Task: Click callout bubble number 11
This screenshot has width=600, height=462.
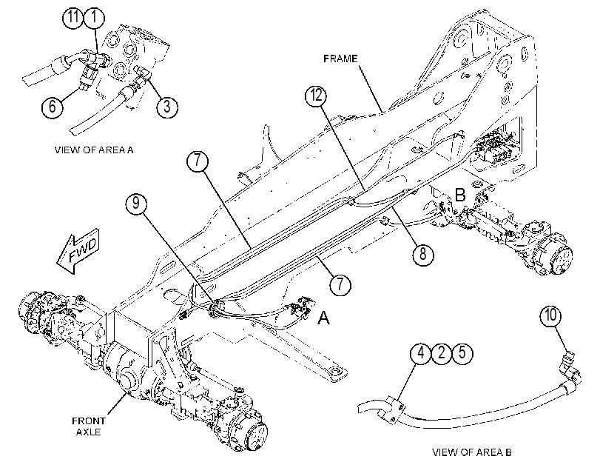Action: [73, 18]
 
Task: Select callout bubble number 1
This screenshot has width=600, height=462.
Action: [94, 18]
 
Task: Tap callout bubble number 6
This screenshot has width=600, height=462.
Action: [53, 106]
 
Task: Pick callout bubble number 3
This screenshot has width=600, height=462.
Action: [167, 106]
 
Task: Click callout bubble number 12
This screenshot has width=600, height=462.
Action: [316, 96]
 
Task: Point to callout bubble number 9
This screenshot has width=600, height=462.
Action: [136, 202]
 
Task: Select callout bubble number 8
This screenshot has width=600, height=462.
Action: [423, 254]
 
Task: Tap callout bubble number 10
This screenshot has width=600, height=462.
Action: [550, 315]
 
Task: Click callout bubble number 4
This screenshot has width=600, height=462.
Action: [421, 353]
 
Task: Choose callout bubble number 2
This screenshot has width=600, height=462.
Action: [442, 353]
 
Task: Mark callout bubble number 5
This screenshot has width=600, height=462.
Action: [462, 353]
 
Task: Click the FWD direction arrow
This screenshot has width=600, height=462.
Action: [78, 251]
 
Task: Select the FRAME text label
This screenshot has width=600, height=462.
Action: [340, 58]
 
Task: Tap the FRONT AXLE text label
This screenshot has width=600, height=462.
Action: [88, 426]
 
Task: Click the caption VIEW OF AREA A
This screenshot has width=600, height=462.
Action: [94, 150]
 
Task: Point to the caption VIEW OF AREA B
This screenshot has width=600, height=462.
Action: [472, 452]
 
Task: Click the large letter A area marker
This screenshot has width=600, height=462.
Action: [324, 318]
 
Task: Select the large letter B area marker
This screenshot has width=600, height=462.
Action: [460, 195]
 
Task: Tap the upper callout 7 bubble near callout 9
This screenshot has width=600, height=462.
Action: [198, 161]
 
